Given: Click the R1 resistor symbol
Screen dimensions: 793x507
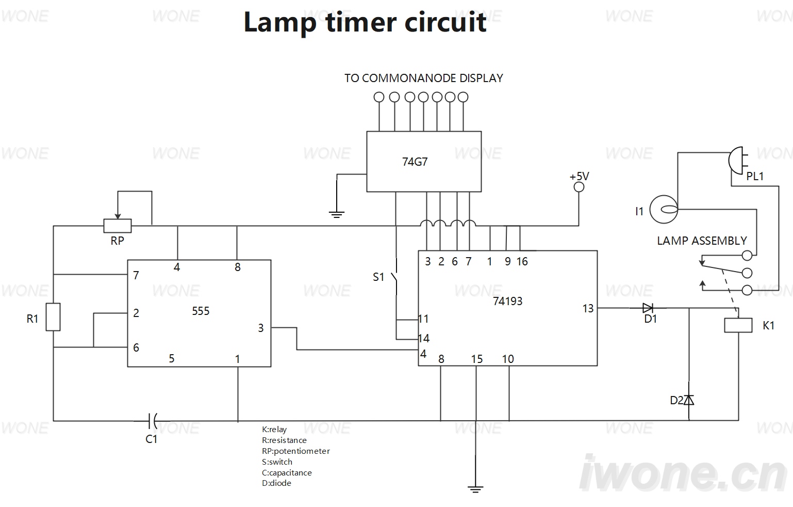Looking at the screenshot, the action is (x=53, y=317).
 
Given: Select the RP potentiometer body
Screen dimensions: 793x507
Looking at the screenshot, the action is (x=118, y=226).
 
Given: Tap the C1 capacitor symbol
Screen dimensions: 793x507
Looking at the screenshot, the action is (x=153, y=421).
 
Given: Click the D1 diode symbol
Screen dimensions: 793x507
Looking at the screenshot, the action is (x=648, y=308).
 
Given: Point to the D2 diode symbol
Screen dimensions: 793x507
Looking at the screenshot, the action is (x=688, y=400).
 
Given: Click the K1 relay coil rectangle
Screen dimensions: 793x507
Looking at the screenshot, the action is (x=738, y=325).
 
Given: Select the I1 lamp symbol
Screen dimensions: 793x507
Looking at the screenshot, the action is (x=664, y=209).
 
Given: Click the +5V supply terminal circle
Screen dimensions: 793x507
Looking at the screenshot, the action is (x=579, y=187).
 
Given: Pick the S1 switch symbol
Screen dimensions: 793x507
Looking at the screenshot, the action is (x=395, y=277).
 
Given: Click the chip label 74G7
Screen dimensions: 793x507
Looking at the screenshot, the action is (x=415, y=162).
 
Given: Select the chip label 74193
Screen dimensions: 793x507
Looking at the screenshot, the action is (x=508, y=301).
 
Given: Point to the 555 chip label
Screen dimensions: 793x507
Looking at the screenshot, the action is (x=201, y=311).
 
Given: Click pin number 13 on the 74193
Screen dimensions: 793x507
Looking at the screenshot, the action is (x=588, y=308).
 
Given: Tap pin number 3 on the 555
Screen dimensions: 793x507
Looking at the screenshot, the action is (x=261, y=328).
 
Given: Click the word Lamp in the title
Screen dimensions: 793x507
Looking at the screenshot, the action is (x=279, y=22).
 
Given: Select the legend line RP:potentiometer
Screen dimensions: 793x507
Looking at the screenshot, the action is (x=296, y=451).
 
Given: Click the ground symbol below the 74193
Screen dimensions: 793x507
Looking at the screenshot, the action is (x=475, y=489).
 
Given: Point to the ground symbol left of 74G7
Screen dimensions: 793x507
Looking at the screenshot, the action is (x=336, y=214).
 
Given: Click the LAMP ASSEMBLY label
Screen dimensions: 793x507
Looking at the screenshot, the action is (x=702, y=241).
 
